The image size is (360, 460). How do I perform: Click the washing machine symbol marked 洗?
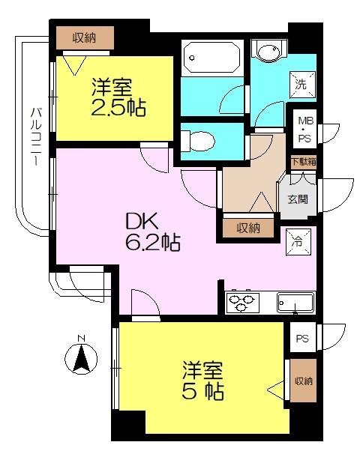[300, 85]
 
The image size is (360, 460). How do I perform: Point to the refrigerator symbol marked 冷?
[297, 241]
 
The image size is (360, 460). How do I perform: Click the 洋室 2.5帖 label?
[118, 96]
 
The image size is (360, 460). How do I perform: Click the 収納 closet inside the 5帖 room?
[303, 381]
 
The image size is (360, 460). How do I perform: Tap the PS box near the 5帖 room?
[301, 339]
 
